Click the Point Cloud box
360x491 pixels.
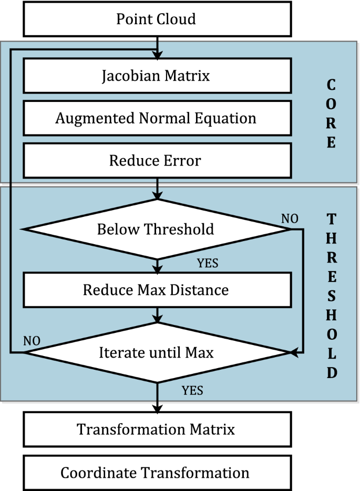click(156, 19)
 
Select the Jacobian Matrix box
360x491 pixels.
click(156, 76)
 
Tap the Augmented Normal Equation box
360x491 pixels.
click(156, 118)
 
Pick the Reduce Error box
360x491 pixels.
click(156, 160)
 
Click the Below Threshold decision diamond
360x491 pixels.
click(156, 229)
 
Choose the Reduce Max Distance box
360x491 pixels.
click(156, 290)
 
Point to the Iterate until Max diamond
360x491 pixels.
click(156, 353)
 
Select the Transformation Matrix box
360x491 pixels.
click(156, 429)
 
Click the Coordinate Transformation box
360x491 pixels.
click(156, 473)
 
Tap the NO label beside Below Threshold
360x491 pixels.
click(290, 218)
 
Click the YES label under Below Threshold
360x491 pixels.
click(208, 263)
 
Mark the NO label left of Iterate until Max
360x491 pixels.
click(32, 340)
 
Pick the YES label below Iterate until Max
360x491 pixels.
click(192, 390)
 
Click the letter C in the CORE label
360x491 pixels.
click(331, 85)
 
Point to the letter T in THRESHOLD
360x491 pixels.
click(331, 219)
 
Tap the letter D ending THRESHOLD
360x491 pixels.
click(331, 372)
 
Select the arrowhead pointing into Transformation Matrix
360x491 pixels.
click(157, 408)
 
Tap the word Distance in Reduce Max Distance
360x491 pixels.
click(203, 290)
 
